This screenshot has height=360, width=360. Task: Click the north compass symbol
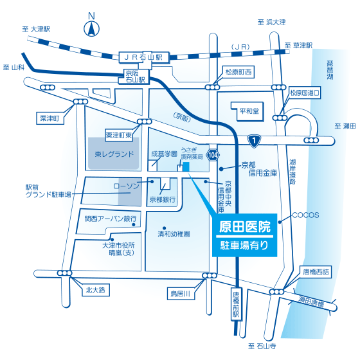tap(91, 29)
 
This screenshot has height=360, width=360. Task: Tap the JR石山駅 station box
tap(144, 57)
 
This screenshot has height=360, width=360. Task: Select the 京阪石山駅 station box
tap(134, 76)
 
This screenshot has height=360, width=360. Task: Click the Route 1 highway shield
tap(254, 140)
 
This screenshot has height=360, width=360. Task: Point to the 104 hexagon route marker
tap(213, 155)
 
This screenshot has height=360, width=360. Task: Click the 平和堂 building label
tap(249, 111)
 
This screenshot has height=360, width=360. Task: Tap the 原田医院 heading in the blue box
tap(245, 226)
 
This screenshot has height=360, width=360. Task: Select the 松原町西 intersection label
tap(239, 72)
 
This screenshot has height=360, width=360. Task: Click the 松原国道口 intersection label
tap(305, 93)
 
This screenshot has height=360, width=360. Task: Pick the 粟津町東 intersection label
tap(119, 136)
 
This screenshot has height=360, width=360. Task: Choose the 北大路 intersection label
tap(95, 290)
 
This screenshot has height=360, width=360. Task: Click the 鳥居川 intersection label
tap(180, 294)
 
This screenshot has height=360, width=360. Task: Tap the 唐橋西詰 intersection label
tap(316, 272)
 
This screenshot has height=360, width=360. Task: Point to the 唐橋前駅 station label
tap(236, 304)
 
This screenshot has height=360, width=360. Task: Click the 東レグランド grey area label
tap(114, 154)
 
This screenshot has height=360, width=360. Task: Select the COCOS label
tap(305, 215)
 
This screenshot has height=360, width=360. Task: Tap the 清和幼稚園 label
tap(174, 234)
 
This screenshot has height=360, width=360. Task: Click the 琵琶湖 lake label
tap(330, 70)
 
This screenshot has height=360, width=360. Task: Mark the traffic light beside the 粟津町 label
tap(80, 102)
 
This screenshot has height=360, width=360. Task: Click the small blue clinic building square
tap(186, 166)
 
